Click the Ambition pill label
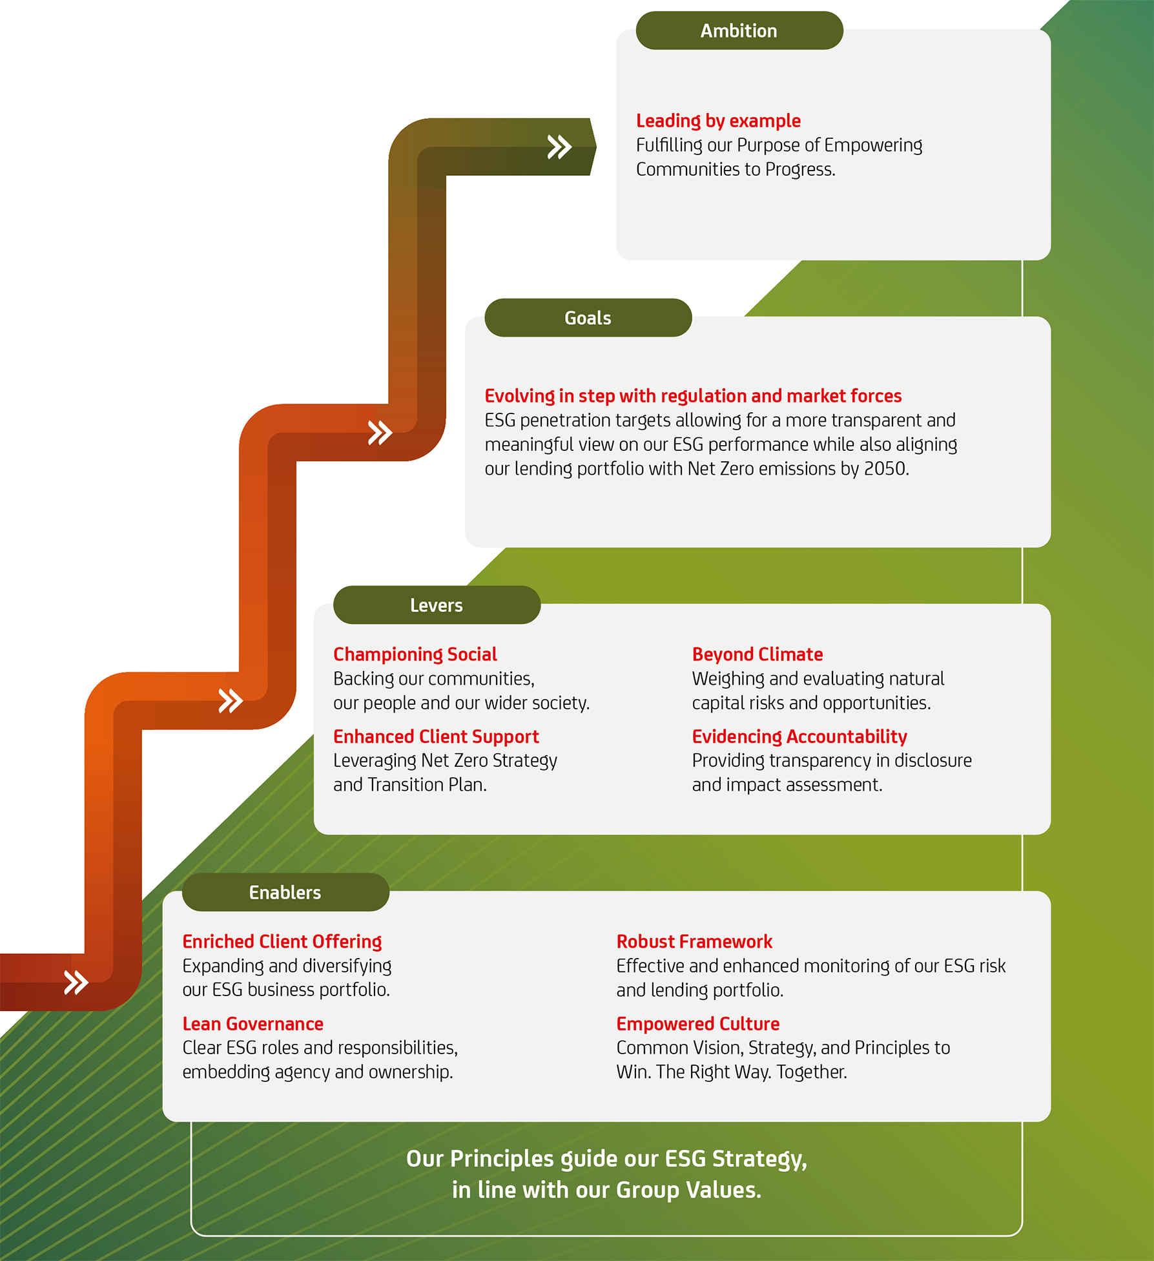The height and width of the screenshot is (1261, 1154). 739,30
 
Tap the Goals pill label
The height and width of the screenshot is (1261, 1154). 588,318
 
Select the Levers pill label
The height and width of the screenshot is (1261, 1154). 437,605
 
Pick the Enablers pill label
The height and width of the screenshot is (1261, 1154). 285,892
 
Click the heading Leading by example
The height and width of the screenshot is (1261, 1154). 718,121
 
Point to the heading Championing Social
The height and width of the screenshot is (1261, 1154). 415,654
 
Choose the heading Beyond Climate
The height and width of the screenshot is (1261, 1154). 757,654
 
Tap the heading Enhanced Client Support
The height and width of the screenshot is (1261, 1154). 436,736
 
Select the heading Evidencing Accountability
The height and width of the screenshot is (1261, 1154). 799,736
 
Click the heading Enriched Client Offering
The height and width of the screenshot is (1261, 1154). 282,941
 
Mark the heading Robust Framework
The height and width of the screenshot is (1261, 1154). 694,941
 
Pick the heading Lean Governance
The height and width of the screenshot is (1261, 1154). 253,1024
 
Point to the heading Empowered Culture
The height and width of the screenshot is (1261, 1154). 698,1024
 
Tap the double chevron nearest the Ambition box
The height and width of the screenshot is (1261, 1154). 559,147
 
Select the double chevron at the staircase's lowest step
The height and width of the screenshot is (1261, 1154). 76,982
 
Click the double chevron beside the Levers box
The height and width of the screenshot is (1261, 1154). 231,700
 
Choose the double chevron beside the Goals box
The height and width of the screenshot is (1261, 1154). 380,433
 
